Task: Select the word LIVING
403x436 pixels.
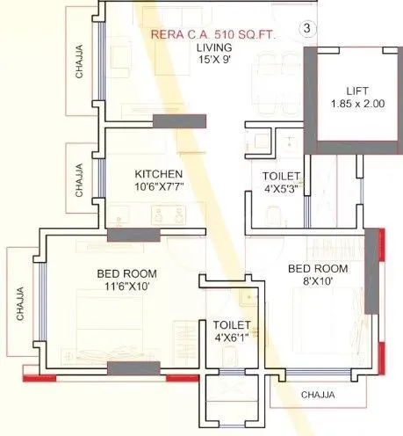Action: point(214,47)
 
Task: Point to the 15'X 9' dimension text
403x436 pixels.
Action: point(214,62)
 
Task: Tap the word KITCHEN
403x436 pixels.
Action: point(158,173)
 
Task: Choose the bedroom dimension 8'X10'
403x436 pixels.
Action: point(318,282)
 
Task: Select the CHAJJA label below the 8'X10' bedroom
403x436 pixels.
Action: point(317,395)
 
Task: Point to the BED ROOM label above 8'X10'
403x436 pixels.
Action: point(318,268)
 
